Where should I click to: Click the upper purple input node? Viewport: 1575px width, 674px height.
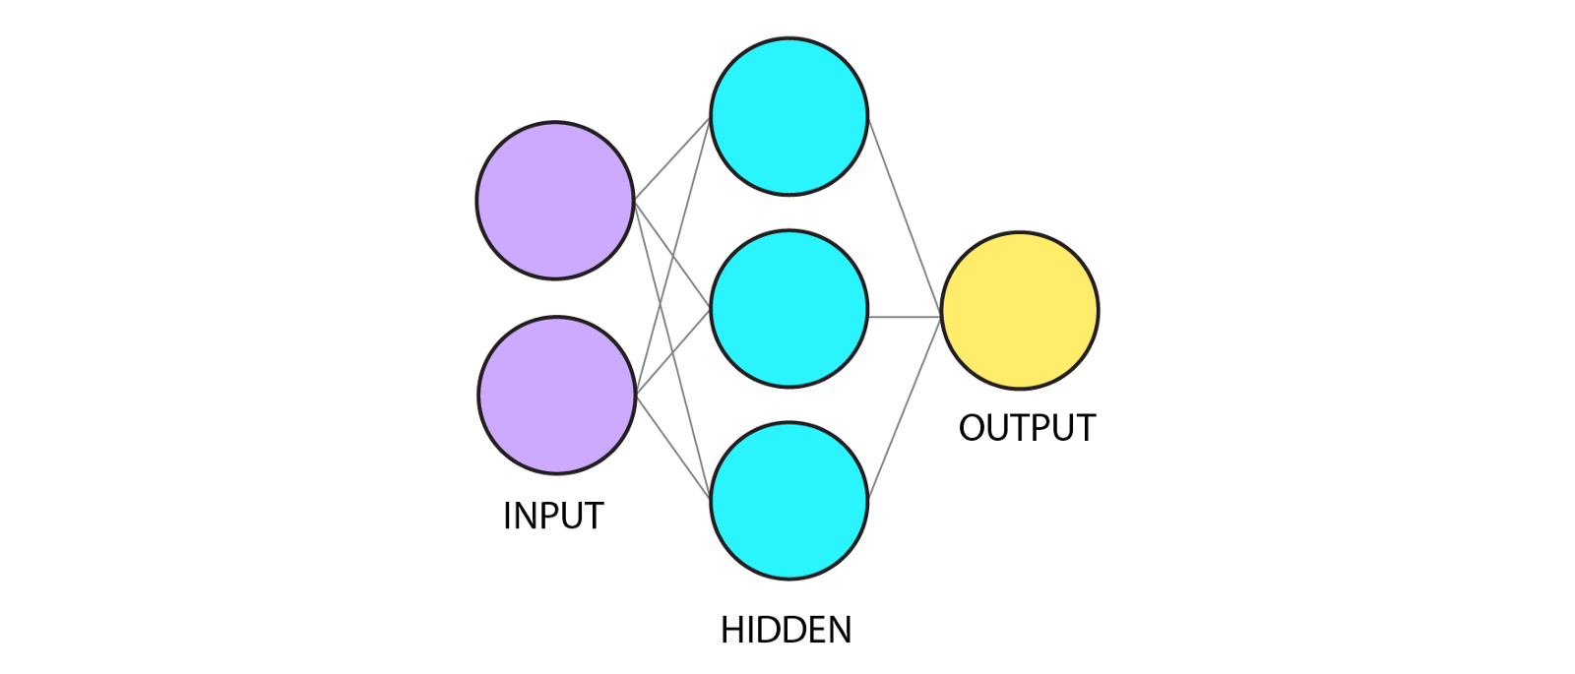point(554,200)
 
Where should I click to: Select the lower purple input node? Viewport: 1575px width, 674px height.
point(556,395)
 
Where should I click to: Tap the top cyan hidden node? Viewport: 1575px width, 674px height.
point(788,116)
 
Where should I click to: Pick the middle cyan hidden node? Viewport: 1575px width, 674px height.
point(788,309)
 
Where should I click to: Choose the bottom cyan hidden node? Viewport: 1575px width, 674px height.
point(788,501)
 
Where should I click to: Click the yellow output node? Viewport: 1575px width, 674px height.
point(1020,311)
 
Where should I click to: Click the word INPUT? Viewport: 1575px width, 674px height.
point(553,516)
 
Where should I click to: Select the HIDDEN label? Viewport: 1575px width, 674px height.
point(786,630)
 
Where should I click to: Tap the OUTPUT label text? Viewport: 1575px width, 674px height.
point(1027,428)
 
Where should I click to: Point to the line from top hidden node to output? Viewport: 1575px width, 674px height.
point(904,216)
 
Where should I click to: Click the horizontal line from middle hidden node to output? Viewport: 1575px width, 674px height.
point(904,317)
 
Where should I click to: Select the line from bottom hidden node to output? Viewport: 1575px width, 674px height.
point(904,408)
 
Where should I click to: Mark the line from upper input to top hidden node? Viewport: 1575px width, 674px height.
point(672,158)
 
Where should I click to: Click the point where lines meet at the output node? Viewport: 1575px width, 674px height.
point(940,317)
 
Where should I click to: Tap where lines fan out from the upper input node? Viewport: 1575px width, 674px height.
point(635,201)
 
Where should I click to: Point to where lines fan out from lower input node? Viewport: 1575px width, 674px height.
point(637,395)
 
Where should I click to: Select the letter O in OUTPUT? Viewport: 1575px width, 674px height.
point(974,428)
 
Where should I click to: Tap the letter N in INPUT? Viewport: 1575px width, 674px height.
point(525,516)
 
